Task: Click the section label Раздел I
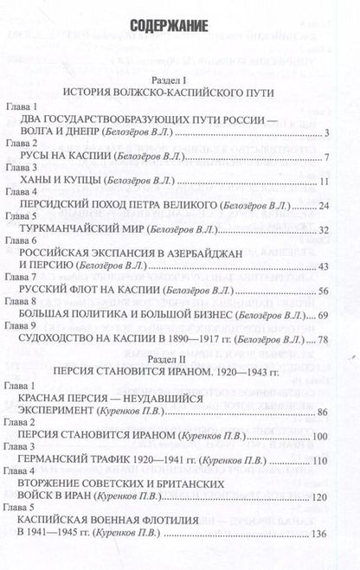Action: [180, 76]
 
